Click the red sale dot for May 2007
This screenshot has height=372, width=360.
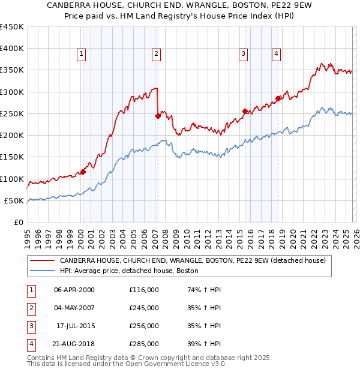(158, 116)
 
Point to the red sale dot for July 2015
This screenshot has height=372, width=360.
(245, 111)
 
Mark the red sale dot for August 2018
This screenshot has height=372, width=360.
(278, 98)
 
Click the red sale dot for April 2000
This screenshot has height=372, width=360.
(83, 172)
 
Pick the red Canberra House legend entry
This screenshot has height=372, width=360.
(192, 261)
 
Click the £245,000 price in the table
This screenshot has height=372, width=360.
(144, 308)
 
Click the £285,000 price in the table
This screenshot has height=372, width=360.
(144, 344)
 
